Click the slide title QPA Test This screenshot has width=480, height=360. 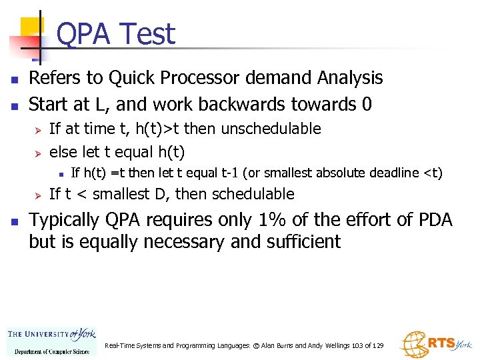[116, 34]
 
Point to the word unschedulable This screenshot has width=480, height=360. [271, 129]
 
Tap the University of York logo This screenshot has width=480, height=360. [51, 335]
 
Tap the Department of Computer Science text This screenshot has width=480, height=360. [51, 351]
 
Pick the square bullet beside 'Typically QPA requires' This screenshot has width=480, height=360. [14, 221]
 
